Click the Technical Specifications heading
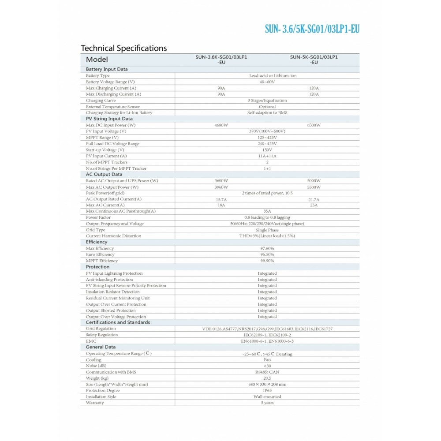coord(124,48)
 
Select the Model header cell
coord(97,60)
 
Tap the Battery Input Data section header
coord(107,69)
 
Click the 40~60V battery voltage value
coord(267,82)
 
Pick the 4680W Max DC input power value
coord(221,125)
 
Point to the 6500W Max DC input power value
coord(314,125)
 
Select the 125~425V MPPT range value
coord(267,138)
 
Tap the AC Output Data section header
coord(104,175)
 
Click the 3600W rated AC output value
coord(221,181)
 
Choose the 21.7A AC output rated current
coord(314,199)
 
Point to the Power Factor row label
coord(98,217)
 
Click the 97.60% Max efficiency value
coord(267,248)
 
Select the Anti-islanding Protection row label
coord(109,280)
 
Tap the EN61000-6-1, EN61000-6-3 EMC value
coord(267,341)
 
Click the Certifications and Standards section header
coord(118,322)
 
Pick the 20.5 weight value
coord(267,378)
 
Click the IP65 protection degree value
coord(267,391)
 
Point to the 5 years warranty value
coord(267,403)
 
